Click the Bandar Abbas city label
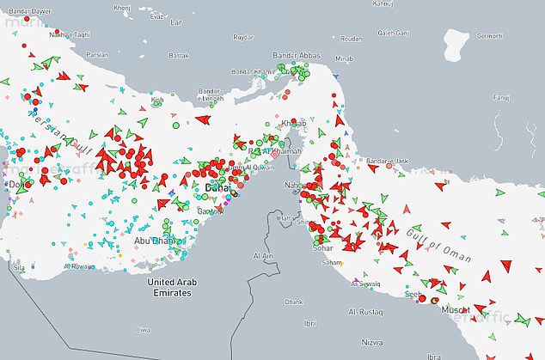[x=296, y=56]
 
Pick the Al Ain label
[x=262, y=256]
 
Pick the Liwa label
[x=144, y=329]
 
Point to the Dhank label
[x=295, y=302]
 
